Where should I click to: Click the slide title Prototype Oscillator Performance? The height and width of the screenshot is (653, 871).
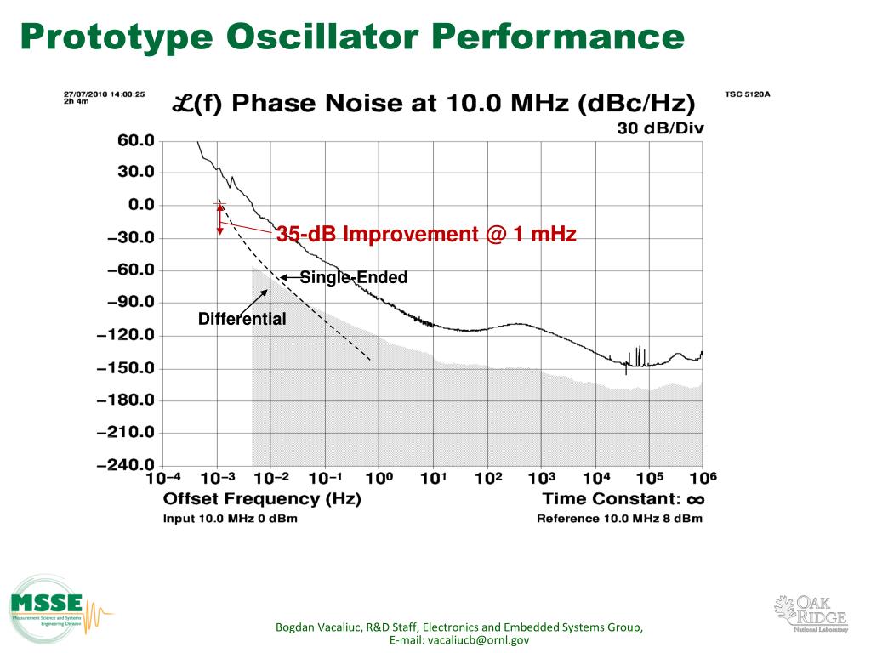(352, 37)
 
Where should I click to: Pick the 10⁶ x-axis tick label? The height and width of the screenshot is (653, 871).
(702, 479)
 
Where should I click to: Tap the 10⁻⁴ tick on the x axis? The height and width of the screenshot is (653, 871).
(162, 479)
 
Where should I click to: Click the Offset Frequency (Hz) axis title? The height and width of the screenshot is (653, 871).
(262, 499)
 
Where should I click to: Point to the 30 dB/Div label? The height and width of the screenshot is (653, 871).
(660, 128)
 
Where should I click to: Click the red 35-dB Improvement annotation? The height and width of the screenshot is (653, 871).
(426, 235)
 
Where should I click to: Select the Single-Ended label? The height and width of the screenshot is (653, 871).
(353, 278)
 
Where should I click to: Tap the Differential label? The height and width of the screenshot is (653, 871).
(242, 320)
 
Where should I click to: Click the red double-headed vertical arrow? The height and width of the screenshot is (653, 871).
(219, 219)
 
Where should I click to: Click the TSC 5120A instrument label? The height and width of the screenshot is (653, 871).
(748, 95)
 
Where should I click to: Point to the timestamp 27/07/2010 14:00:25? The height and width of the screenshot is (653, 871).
(105, 94)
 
